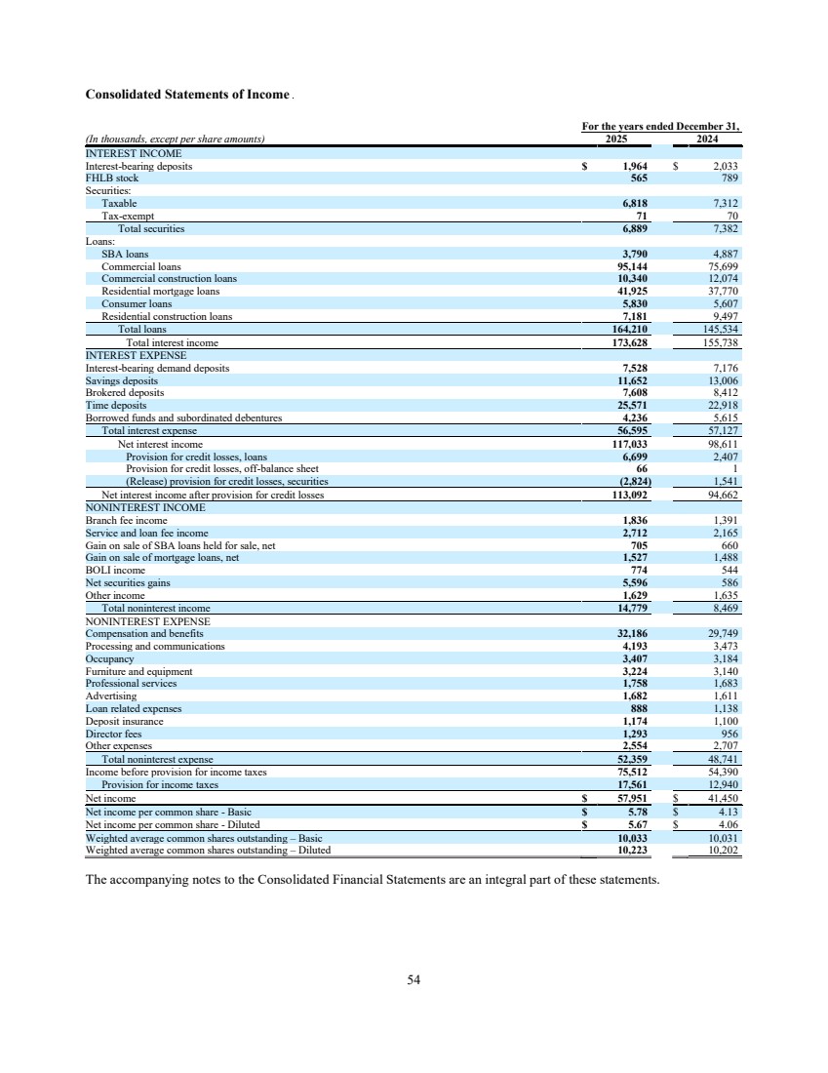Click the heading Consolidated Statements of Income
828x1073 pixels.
[188, 95]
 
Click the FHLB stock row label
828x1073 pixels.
[112, 179]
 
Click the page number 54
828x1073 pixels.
[414, 979]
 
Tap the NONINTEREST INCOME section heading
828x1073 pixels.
[145, 507]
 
